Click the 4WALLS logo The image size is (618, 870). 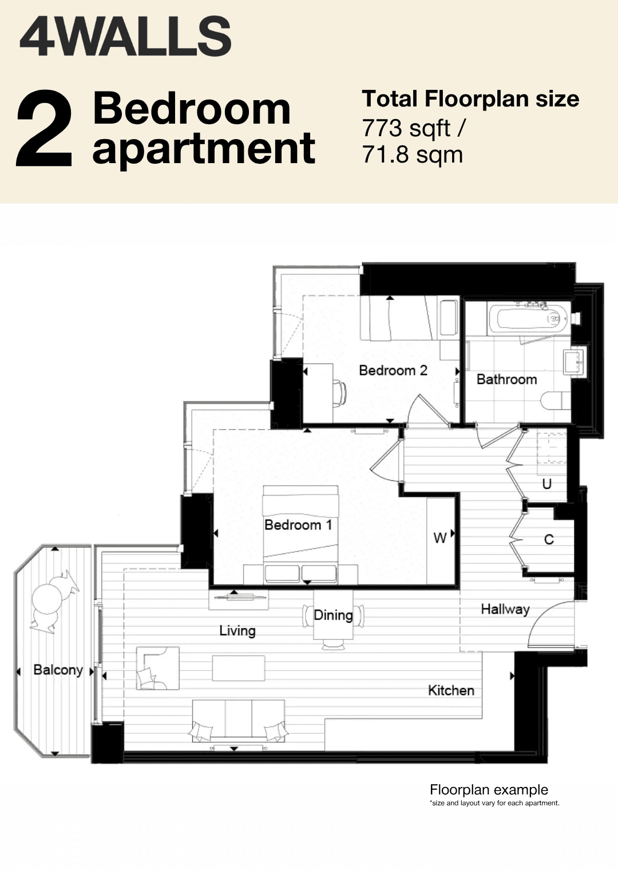125,37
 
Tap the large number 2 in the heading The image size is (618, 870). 44,129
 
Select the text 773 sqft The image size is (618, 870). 406,129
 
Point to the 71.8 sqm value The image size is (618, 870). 412,155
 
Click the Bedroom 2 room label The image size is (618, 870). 393,370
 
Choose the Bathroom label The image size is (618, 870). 506,379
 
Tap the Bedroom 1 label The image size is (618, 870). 298,525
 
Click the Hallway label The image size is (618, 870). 505,610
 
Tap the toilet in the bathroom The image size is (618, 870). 556,401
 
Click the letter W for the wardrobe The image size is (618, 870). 440,538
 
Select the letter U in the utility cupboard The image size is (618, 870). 546,484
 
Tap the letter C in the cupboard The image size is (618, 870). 549,540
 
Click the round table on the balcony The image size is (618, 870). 47,599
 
